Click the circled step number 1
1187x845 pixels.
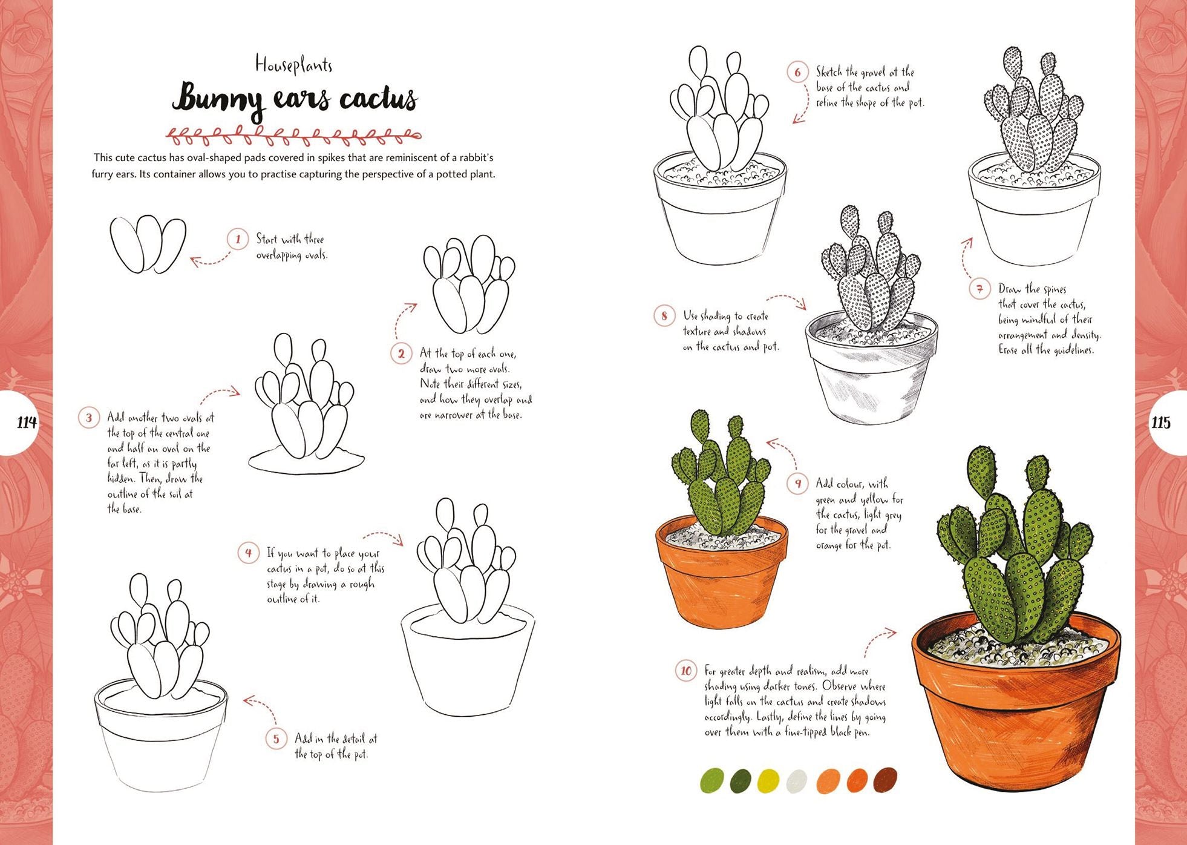pyautogui.click(x=238, y=240)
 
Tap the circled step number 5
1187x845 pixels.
pyautogui.click(x=276, y=738)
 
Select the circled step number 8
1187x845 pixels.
pyautogui.click(x=664, y=316)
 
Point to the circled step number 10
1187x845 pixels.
pyautogui.click(x=685, y=671)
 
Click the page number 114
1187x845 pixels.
pyautogui.click(x=26, y=422)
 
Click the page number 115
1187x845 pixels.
pyautogui.click(x=1160, y=422)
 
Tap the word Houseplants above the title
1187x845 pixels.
pyautogui.click(x=293, y=64)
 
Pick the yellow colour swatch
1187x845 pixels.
pyautogui.click(x=768, y=780)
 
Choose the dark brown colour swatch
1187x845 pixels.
pyautogui.click(x=885, y=780)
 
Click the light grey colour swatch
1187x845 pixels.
pyautogui.click(x=797, y=781)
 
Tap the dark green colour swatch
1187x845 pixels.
pyautogui.click(x=741, y=781)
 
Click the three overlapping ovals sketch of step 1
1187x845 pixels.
pyautogui.click(x=147, y=243)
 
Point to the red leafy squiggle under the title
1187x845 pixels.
pyautogui.click(x=293, y=136)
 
